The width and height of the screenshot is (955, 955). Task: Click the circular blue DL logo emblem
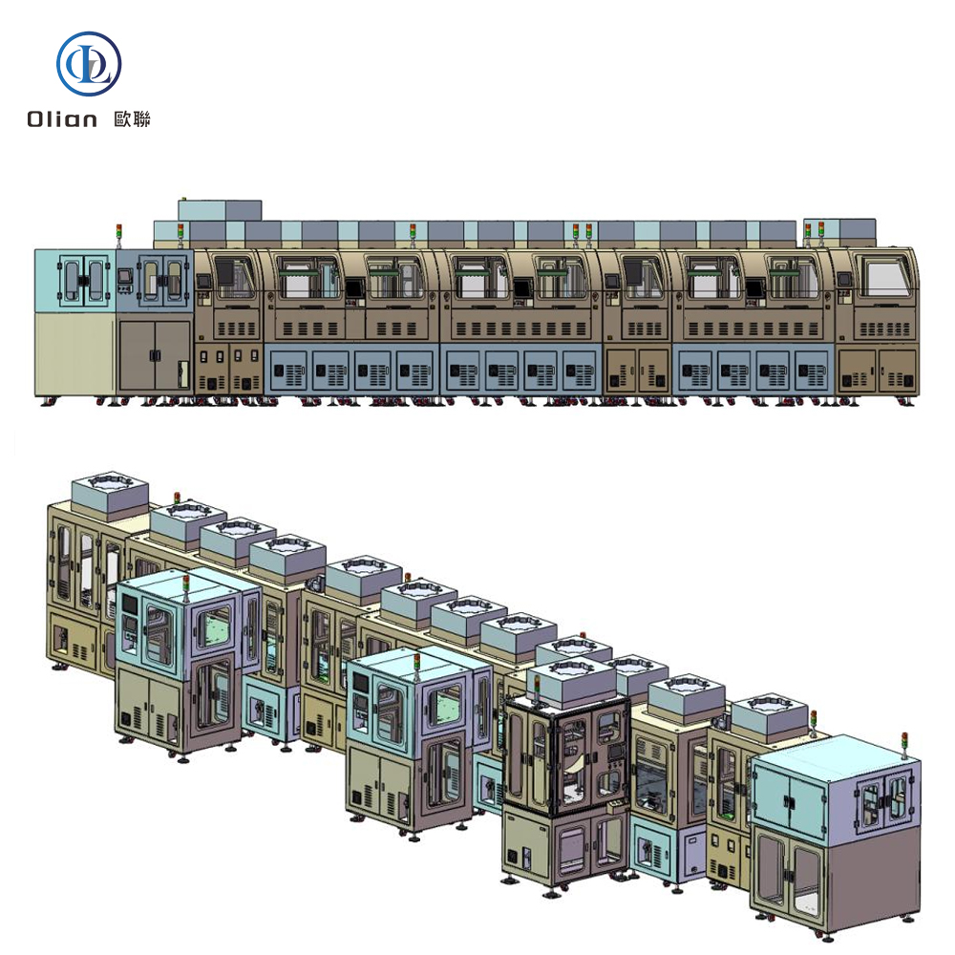point(89,63)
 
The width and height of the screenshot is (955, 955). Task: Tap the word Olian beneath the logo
point(61,118)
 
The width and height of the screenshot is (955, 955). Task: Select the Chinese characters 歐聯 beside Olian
point(132,118)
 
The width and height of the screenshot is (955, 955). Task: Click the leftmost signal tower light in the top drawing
point(118,235)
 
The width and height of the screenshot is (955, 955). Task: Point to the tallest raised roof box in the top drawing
point(220,210)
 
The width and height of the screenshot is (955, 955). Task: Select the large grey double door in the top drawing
point(155,355)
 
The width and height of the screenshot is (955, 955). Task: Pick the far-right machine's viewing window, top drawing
point(881,276)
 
